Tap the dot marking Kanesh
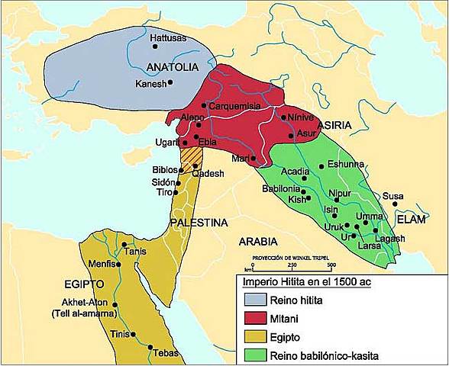(x=170, y=82)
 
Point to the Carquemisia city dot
(x=205, y=105)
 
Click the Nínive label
(x=300, y=118)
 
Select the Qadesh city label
(x=208, y=173)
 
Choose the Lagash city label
(x=390, y=239)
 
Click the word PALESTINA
(x=199, y=223)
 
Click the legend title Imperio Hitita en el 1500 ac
(x=296, y=284)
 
